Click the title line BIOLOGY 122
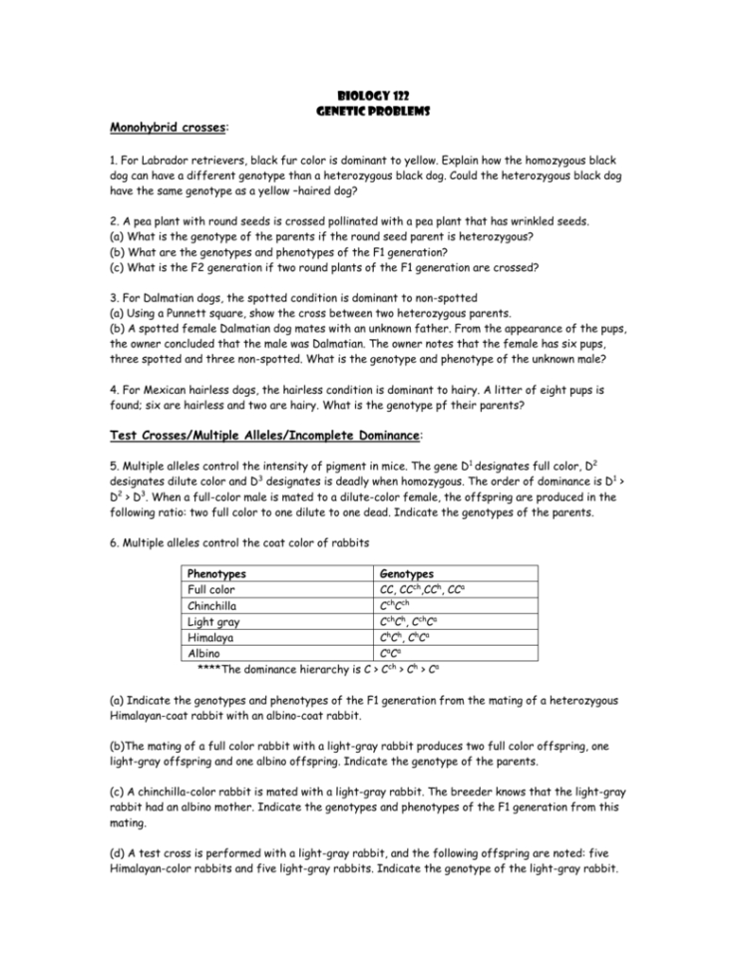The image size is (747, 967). click(374, 96)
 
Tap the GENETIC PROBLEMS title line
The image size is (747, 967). click(374, 111)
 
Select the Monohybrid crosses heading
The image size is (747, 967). click(169, 129)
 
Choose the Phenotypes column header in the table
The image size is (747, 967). click(217, 574)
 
